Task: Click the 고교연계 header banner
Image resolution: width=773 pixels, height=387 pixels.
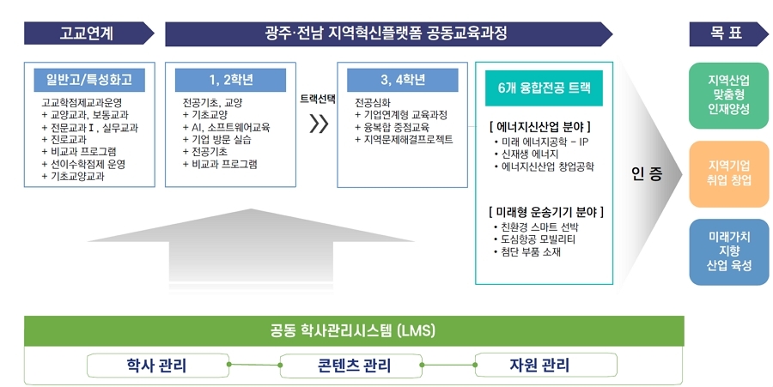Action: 88,33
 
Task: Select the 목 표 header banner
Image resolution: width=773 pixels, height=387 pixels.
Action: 728,33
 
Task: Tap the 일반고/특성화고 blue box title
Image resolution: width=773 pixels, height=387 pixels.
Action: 89,80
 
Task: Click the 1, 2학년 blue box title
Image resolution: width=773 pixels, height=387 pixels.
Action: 230,80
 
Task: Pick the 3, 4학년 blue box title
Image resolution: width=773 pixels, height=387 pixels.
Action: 402,80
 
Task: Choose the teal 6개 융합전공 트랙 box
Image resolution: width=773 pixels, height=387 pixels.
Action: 544,88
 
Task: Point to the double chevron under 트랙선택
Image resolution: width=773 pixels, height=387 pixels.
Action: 319,124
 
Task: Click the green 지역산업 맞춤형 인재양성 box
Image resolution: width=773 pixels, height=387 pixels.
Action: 727,95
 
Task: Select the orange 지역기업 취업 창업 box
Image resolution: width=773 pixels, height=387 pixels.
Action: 727,174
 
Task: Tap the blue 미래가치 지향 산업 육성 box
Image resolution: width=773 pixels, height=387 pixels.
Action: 727,252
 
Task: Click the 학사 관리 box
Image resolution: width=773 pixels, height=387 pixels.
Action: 158,366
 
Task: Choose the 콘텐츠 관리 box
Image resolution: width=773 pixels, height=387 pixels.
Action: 351,366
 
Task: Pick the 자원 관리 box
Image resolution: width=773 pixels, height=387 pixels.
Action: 545,366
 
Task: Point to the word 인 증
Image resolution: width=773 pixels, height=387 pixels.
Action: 646,174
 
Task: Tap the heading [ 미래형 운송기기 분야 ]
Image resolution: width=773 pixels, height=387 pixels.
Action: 546,212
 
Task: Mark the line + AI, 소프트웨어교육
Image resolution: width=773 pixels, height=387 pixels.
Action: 226,127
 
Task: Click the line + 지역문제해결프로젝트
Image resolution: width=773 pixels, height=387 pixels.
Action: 404,139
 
